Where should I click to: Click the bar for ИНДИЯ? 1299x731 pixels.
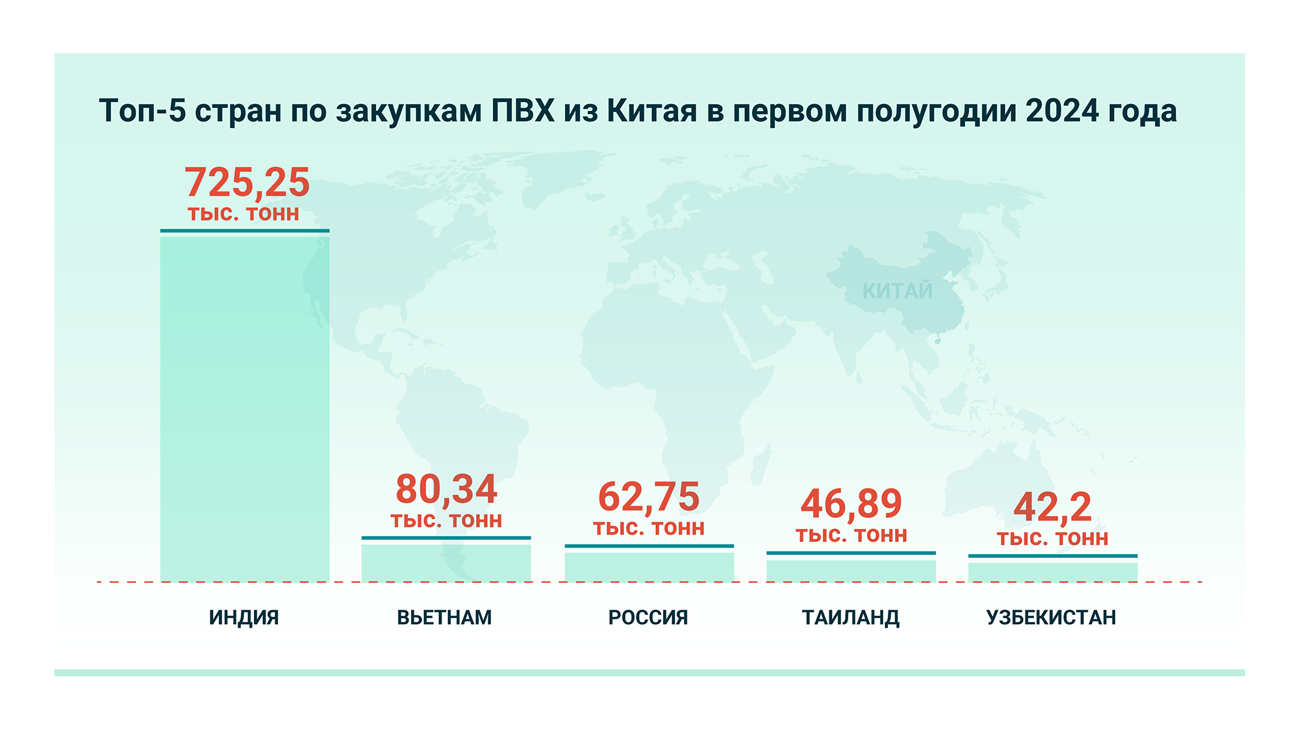[245, 409]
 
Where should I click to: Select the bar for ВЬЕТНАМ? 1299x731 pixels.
[446, 563]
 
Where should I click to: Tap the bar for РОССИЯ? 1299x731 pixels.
[649, 567]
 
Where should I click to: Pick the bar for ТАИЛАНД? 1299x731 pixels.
[851, 571]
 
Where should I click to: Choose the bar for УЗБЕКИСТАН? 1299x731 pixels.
[1053, 572]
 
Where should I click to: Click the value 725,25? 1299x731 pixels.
[247, 183]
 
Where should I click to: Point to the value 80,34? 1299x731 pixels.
[446, 489]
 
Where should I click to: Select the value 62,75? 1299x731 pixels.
[649, 497]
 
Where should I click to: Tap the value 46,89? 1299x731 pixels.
[851, 504]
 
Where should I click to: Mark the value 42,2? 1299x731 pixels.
[1053, 507]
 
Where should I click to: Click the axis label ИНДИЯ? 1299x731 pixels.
[244, 617]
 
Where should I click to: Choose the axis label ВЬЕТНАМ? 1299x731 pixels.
[444, 617]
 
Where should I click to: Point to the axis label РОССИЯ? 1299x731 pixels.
[648, 617]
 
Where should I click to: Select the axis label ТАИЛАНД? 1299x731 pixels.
[851, 617]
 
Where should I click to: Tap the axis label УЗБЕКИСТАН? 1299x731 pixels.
[1052, 617]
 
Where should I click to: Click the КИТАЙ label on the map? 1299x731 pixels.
[898, 291]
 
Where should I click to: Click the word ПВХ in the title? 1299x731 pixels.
[523, 111]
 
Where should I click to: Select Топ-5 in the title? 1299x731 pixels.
[142, 111]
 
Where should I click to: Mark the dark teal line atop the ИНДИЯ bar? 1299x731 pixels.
[245, 231]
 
